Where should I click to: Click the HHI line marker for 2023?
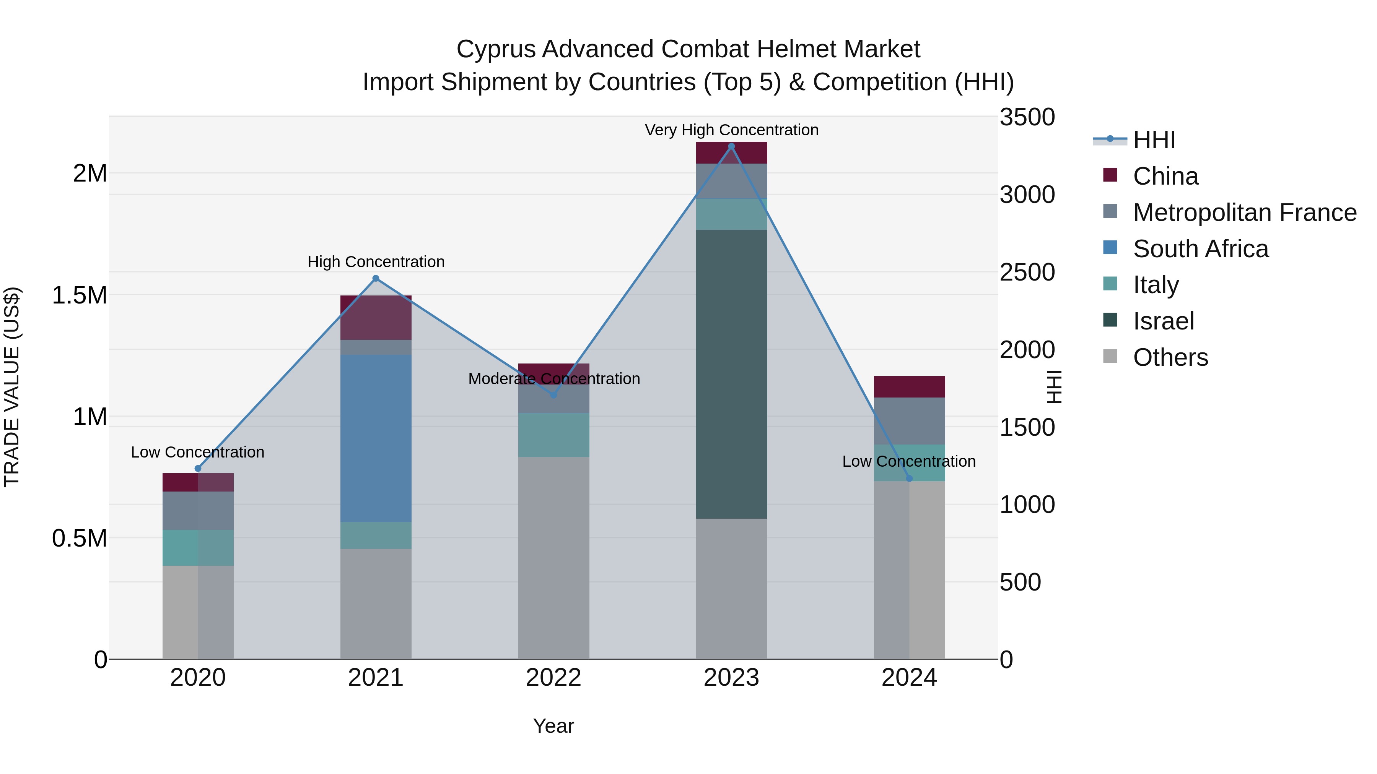(x=731, y=146)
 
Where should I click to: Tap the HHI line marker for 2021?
(x=376, y=278)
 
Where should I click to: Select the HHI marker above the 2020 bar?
(x=198, y=469)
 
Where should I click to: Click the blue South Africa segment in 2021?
(x=376, y=438)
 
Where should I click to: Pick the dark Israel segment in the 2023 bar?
(x=731, y=374)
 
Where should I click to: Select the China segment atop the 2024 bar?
(x=909, y=387)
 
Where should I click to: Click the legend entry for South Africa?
(x=1200, y=249)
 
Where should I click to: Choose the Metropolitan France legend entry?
(x=1244, y=213)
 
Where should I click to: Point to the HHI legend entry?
(x=1154, y=140)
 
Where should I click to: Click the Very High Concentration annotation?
(x=731, y=130)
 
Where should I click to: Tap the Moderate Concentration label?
(x=554, y=379)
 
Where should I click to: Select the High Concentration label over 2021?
(x=376, y=262)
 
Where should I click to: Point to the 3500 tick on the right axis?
(x=1027, y=117)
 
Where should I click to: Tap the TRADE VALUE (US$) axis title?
(x=12, y=387)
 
